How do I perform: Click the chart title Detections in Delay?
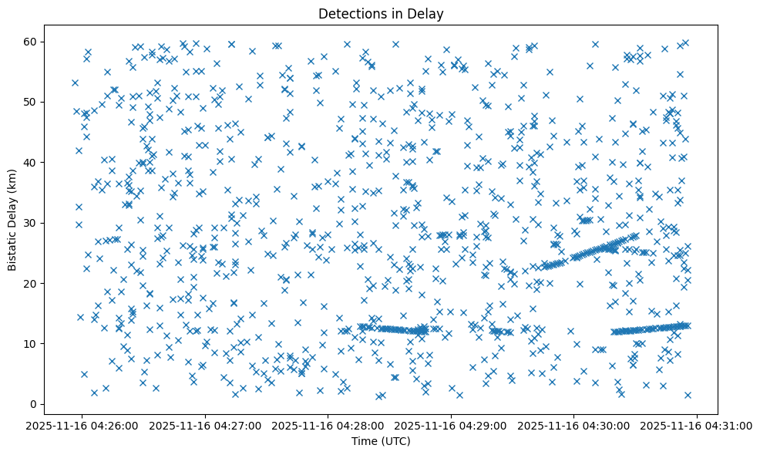click(x=381, y=14)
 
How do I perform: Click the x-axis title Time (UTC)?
click(x=381, y=441)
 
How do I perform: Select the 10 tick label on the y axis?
click(x=32, y=343)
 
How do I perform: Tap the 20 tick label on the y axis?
click(x=32, y=283)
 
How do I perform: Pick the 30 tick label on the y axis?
click(x=32, y=223)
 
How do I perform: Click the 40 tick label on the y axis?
click(x=32, y=162)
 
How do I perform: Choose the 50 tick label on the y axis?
click(x=32, y=102)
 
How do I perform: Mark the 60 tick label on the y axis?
click(x=32, y=42)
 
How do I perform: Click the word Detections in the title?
click(x=351, y=14)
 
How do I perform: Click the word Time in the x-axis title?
click(x=365, y=441)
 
